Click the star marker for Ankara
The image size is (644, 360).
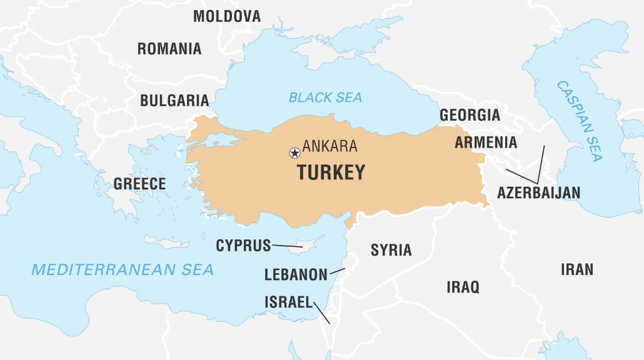tap(294, 152)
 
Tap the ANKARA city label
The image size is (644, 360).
tap(330, 146)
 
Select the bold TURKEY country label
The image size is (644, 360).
tap(331, 172)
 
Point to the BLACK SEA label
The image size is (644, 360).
tap(325, 97)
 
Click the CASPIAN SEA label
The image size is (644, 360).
tap(579, 121)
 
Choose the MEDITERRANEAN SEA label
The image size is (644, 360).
tap(123, 269)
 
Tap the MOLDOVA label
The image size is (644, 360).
tap(227, 16)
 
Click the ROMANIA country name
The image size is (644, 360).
tap(169, 49)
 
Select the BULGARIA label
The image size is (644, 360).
tap(174, 100)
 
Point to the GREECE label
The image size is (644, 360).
tap(139, 184)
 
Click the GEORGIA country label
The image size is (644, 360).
tap(470, 115)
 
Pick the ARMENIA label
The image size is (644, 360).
tap(486, 142)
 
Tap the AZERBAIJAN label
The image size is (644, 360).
tap(538, 192)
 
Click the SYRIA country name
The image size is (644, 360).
tap(391, 250)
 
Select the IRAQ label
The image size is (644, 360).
tap(463, 287)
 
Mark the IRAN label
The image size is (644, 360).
tap(576, 269)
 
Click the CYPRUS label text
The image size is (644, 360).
tap(243, 246)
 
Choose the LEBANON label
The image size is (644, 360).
tap(296, 274)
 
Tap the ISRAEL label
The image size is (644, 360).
tap(288, 302)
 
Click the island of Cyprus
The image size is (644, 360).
tap(309, 245)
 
